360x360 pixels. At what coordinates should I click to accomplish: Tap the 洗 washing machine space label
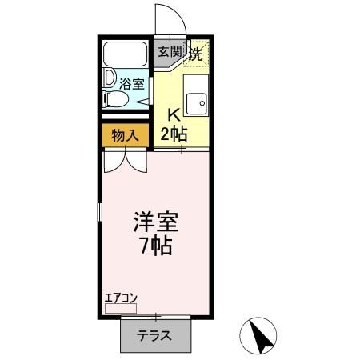195,54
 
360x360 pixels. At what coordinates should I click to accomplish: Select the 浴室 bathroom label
131,83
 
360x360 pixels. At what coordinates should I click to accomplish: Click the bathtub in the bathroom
125,54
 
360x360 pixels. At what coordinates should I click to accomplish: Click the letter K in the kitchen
172,114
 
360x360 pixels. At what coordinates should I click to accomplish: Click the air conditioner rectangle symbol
120,307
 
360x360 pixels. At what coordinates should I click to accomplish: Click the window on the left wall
100,212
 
